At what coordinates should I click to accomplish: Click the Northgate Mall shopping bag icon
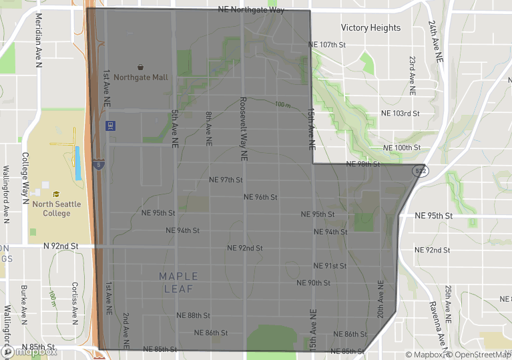(x=141, y=67)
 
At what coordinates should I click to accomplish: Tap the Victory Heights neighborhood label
(x=370, y=28)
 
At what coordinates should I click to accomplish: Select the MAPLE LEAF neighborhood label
(x=178, y=283)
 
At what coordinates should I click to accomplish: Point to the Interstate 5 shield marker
(x=98, y=165)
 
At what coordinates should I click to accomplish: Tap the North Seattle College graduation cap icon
(x=56, y=194)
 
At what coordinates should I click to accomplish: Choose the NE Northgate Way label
(x=251, y=10)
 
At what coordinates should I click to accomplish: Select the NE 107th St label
(x=328, y=45)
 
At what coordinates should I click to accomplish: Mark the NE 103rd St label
(x=400, y=114)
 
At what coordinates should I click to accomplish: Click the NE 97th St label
(x=226, y=180)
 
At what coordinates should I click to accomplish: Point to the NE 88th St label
(x=194, y=315)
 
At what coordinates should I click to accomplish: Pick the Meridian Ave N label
(x=39, y=40)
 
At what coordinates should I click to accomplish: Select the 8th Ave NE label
(x=208, y=129)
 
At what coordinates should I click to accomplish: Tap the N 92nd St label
(x=61, y=246)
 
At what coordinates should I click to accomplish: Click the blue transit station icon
(x=110, y=125)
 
